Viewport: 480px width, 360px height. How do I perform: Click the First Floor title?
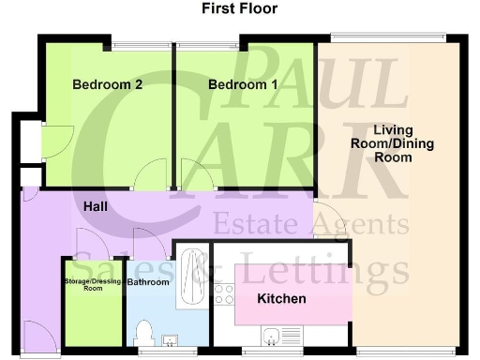(x=240, y=9)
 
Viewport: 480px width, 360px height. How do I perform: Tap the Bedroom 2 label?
(x=108, y=84)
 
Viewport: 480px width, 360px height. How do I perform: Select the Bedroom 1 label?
(x=243, y=84)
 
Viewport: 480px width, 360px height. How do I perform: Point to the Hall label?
(x=95, y=205)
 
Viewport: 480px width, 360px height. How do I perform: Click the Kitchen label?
(x=282, y=299)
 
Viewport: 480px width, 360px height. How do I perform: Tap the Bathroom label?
(x=148, y=281)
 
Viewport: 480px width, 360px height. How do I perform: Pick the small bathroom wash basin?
(x=172, y=338)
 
